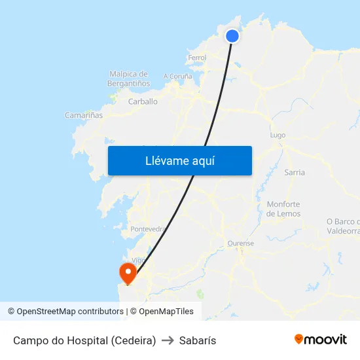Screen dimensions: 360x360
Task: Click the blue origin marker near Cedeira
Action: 232,35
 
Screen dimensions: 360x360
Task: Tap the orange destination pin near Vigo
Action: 126,272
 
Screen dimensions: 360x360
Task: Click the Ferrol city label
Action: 197,58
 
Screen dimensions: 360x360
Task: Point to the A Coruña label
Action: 178,76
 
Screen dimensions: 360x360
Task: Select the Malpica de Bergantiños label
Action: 129,79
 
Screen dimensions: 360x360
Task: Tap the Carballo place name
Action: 143,101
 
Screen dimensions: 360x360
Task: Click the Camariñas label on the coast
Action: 84,115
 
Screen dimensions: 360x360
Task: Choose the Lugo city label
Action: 278,135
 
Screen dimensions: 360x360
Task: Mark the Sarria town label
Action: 295,172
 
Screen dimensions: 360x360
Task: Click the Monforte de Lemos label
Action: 283,209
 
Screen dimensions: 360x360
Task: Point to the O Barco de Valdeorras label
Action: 344,226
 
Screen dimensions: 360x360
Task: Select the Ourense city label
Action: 240,243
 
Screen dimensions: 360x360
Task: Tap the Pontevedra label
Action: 148,229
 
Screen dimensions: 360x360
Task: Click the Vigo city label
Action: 138,260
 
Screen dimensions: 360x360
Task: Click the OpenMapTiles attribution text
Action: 166,312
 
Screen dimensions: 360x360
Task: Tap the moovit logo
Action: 320,339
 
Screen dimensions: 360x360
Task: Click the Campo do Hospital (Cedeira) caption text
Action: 84,340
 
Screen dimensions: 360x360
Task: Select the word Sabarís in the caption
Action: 198,340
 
